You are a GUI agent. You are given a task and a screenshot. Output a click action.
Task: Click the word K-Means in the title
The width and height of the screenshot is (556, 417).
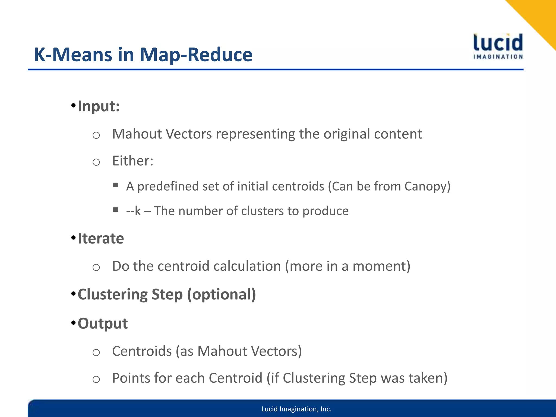tap(73, 55)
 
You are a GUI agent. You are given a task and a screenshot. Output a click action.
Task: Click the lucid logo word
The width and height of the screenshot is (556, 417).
tap(498, 43)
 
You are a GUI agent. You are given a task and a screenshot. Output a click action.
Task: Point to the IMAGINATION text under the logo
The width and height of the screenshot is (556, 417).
tap(498, 57)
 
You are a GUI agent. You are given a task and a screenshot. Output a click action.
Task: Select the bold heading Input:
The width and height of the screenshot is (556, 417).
tap(99, 106)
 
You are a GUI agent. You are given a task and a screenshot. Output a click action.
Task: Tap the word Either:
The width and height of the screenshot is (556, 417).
tap(133, 161)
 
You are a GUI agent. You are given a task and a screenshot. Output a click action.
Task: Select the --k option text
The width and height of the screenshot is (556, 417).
tap(133, 211)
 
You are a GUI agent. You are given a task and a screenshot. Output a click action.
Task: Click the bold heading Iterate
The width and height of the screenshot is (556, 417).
tap(101, 238)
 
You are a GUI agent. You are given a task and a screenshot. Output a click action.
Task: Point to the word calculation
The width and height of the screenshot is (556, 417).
tap(247, 266)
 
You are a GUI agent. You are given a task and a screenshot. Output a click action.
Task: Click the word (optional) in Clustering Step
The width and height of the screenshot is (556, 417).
tap(222, 294)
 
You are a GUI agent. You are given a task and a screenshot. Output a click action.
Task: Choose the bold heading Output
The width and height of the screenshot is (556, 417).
tap(103, 323)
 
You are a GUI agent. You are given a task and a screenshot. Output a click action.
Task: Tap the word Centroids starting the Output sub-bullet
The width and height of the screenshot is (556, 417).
tap(142, 351)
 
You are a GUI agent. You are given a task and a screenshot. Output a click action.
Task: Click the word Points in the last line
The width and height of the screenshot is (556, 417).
tap(131, 378)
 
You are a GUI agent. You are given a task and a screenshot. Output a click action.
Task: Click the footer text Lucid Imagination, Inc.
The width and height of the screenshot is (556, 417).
tap(296, 409)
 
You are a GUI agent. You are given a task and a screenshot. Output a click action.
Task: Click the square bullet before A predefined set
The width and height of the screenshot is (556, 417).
tap(116, 185)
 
